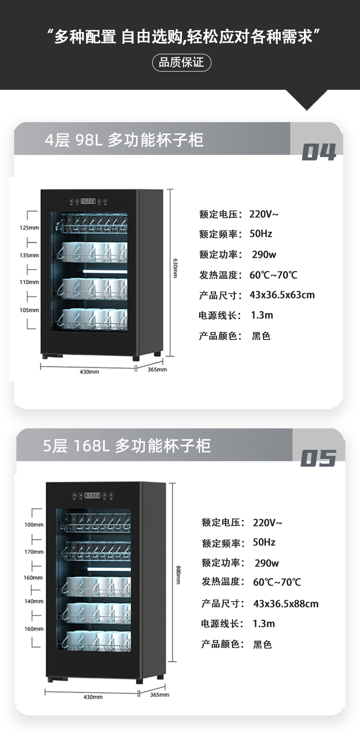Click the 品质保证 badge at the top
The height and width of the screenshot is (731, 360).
(181, 62)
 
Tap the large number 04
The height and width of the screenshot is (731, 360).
(319, 152)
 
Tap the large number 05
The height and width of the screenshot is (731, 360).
(319, 458)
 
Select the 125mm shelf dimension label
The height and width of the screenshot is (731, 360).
(29, 227)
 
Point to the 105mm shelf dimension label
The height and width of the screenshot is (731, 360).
(29, 310)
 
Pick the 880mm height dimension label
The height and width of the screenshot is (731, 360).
(178, 575)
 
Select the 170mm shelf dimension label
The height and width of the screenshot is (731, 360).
(34, 551)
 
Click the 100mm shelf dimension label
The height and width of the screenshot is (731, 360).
(34, 525)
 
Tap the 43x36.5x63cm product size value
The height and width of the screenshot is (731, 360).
(282, 295)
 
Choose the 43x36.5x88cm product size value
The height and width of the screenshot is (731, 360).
(286, 604)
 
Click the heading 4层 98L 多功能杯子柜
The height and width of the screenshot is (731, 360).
(124, 140)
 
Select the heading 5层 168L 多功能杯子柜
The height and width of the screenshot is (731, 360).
(127, 445)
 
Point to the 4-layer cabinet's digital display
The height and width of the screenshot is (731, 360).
(88, 201)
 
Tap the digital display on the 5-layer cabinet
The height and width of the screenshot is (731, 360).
(93, 495)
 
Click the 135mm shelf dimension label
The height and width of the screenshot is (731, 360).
(29, 255)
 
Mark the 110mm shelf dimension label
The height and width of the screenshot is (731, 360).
(29, 282)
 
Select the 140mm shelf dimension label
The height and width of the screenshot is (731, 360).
(34, 601)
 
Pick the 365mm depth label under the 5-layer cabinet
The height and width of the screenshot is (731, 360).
(159, 695)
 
